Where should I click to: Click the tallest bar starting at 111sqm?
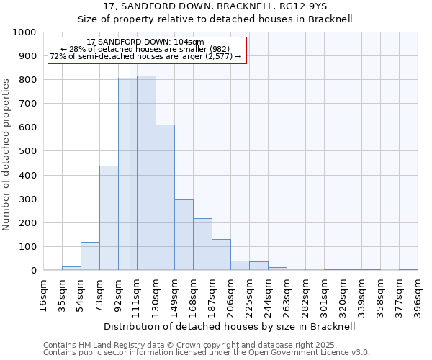146,173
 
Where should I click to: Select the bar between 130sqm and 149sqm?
165,197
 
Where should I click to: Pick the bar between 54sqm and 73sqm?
90,256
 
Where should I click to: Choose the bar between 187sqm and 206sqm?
221,254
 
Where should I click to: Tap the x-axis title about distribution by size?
230,326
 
